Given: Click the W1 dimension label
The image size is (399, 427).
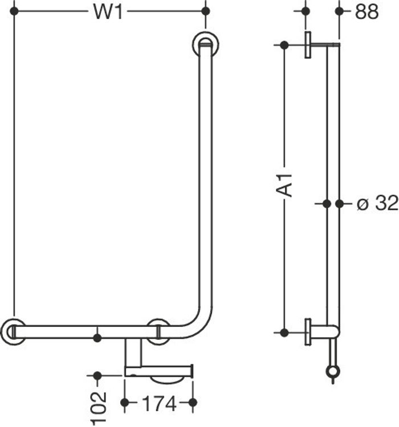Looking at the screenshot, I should (108, 12).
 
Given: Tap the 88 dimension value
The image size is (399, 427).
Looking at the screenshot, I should (366, 12).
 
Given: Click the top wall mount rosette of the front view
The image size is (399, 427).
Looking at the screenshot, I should (205, 44).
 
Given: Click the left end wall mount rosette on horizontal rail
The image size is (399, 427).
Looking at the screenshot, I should (13, 332).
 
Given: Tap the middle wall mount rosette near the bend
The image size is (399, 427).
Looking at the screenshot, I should (158, 332).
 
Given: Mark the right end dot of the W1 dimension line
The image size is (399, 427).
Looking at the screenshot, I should (206, 11).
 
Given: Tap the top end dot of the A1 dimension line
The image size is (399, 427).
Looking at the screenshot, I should (283, 45).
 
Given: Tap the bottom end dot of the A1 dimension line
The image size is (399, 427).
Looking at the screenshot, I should (283, 332).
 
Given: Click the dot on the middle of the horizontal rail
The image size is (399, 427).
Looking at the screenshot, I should (97, 338).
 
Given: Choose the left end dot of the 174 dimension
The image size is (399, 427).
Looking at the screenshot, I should (125, 403).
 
